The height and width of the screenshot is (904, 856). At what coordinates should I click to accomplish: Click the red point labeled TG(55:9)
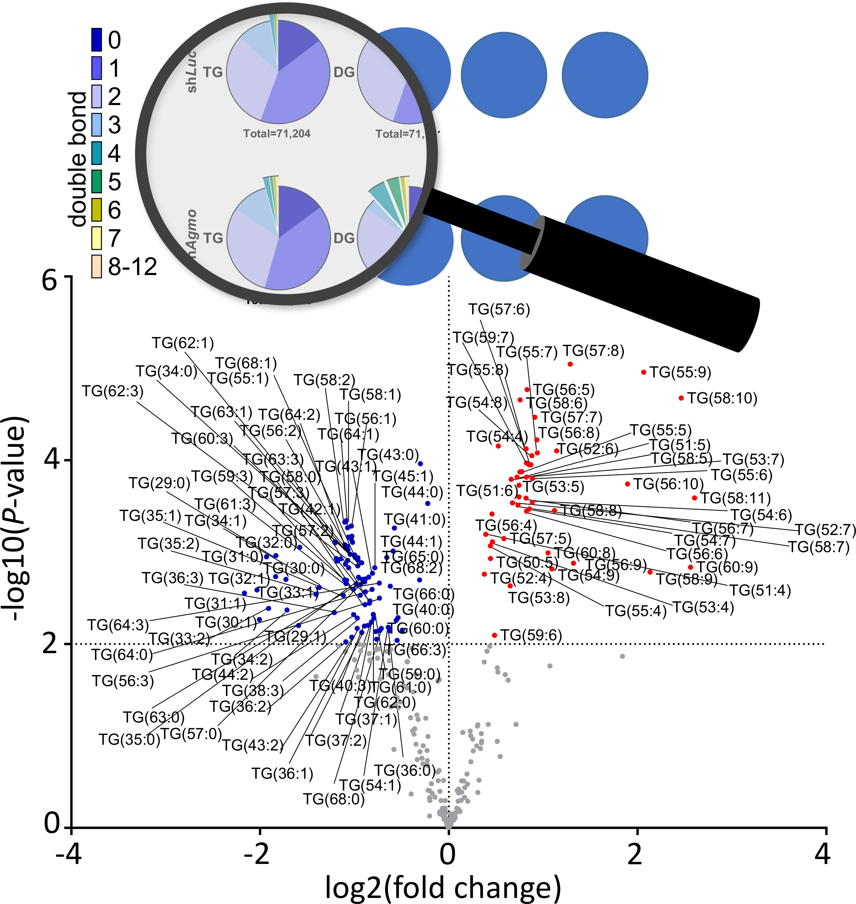pyautogui.click(x=644, y=372)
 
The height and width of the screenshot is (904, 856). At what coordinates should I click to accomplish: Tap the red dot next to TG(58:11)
pyautogui.click(x=694, y=498)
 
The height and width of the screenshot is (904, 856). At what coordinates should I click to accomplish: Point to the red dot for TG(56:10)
pyautogui.click(x=627, y=484)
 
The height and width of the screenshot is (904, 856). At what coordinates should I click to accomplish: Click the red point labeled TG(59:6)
pyautogui.click(x=494, y=635)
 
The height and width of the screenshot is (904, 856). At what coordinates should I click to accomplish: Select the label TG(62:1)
pyautogui.click(x=183, y=343)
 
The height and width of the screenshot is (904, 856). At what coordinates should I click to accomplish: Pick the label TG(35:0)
pyautogui.click(x=130, y=739)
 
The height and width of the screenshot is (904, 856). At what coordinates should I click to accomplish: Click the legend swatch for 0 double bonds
pyautogui.click(x=96, y=40)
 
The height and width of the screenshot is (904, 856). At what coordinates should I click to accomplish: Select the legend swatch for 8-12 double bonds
pyautogui.click(x=96, y=266)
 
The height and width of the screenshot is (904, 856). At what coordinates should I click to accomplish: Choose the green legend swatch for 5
pyautogui.click(x=96, y=181)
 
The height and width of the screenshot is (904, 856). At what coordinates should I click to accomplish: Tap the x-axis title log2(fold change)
pyautogui.click(x=442, y=887)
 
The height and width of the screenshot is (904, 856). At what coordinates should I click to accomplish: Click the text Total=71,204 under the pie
pyautogui.click(x=276, y=134)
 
